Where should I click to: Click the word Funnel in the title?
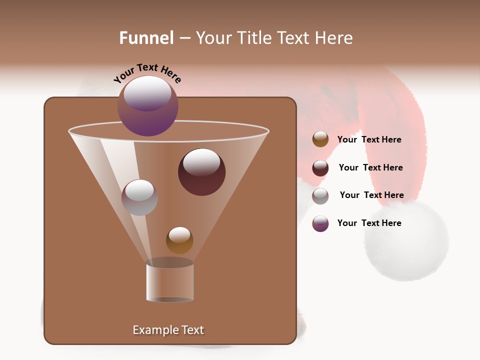(146, 38)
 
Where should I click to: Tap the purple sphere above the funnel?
(148, 106)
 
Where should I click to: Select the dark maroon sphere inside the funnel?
(201, 172)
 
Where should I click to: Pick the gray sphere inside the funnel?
(139, 197)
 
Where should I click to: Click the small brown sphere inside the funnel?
(179, 240)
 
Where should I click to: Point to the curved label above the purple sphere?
(147, 73)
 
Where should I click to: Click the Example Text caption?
(168, 330)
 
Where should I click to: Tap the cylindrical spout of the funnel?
(170, 283)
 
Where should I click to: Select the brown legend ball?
(320, 139)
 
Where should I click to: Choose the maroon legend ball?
(320, 168)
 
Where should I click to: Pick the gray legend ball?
(320, 196)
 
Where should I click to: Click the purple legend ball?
(320, 223)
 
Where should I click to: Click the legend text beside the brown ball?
(369, 140)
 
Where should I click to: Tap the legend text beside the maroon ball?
(370, 168)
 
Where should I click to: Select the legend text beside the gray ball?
(371, 195)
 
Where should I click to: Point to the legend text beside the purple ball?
(369, 223)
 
